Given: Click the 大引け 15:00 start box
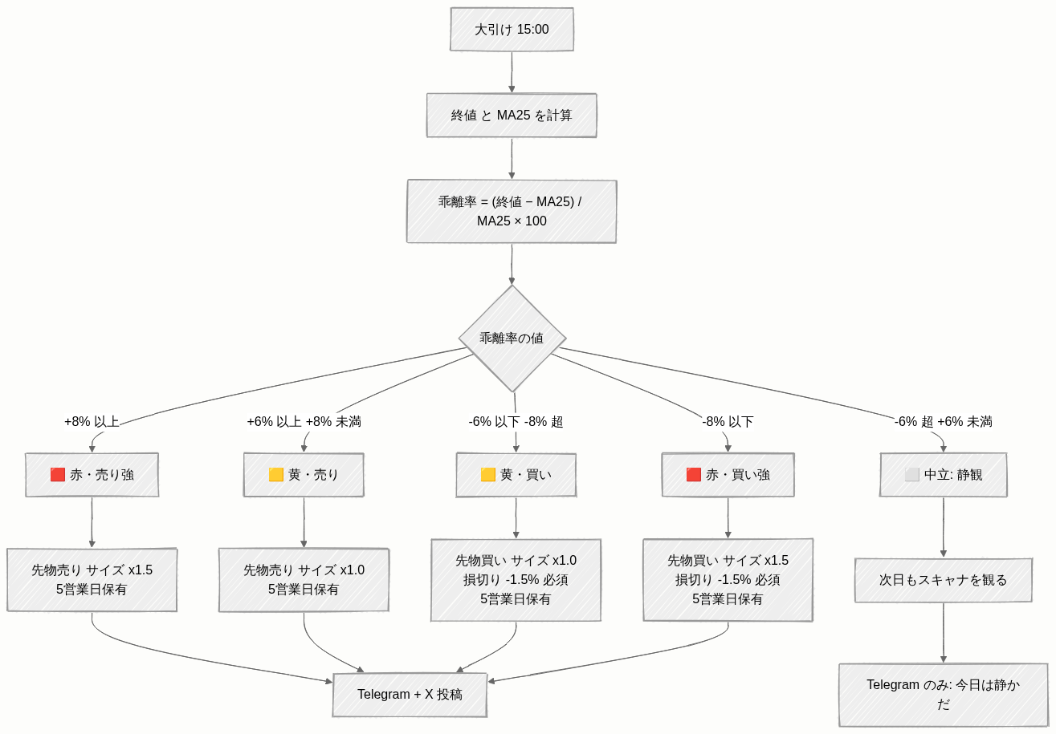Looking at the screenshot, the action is coord(512,29).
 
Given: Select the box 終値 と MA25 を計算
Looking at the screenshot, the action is coord(512,116).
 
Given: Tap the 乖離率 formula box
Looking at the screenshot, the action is coord(512,212).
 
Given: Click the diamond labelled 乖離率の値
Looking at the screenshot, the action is coord(512,338).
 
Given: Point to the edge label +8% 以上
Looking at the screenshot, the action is coord(92,421).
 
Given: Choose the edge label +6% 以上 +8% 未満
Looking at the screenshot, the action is coord(304,421).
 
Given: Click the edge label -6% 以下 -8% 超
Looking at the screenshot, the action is coord(516,421).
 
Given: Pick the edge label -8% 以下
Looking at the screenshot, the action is coord(728,421).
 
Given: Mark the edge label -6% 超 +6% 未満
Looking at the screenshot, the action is coord(944,421).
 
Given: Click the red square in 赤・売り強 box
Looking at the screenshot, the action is coord(58,475).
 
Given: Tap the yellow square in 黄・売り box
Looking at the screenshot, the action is coord(275,475).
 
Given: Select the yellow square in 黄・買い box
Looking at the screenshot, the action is coord(488,475).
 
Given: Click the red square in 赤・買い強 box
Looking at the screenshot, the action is coord(694,475).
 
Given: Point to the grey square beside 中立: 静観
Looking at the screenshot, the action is coord(911,475).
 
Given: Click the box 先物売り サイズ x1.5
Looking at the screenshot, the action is coord(92,579).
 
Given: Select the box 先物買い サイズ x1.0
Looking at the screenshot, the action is coord(516,580).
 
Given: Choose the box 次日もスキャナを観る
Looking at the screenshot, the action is coord(944,580).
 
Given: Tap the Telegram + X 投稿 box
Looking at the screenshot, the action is coord(410,695).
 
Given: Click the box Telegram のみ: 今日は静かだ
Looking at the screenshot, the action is coord(944,695).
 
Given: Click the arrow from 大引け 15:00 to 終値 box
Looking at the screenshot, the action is coord(512,72).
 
